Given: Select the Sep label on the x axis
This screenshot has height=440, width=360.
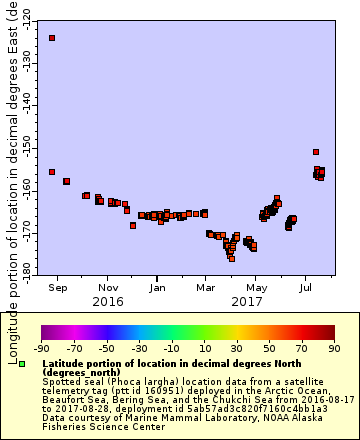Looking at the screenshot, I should click(x=58, y=287).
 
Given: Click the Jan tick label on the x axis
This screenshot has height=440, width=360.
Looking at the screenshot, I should click(x=157, y=287).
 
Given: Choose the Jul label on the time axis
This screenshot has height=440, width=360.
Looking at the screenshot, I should click(x=305, y=287).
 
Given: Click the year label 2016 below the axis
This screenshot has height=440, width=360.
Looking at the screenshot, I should click(x=108, y=301).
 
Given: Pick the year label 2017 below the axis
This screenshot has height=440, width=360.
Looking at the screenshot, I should click(x=246, y=301).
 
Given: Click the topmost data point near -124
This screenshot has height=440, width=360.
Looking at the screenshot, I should click(x=52, y=38).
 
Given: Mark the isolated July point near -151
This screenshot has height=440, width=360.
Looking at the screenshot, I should click(x=316, y=152).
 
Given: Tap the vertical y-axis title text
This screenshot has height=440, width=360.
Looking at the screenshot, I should click(x=12, y=180).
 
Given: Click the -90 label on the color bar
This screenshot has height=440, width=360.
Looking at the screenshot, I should click(x=41, y=349).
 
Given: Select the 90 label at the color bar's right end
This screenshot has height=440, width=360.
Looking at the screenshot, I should click(x=334, y=349).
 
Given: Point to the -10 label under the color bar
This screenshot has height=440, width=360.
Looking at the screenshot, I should click(x=171, y=349).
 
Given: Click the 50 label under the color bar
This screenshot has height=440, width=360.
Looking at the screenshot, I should click(x=269, y=349).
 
